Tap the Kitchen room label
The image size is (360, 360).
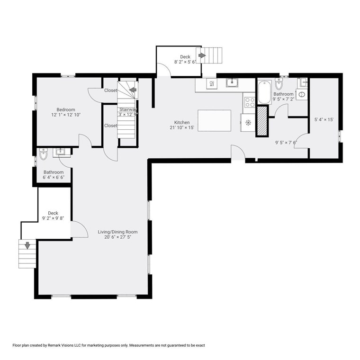point(181,122)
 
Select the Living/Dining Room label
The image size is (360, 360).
point(117,232)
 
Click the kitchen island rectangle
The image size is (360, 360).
point(214,120)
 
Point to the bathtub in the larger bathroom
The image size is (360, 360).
point(262,93)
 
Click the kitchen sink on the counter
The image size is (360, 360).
point(232,83)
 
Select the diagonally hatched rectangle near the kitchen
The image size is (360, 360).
point(261,122)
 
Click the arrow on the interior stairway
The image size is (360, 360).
point(133,90)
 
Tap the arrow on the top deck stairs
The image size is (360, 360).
point(202,55)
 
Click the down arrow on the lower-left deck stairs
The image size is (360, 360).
point(27,245)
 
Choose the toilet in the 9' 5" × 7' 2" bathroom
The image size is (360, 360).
point(279,84)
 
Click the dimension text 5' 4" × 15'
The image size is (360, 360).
point(324,120)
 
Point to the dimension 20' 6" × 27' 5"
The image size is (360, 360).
point(117,237)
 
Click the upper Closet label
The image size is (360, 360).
point(111,90)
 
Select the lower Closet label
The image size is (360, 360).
point(111,126)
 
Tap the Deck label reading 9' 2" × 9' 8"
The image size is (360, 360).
point(52,219)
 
